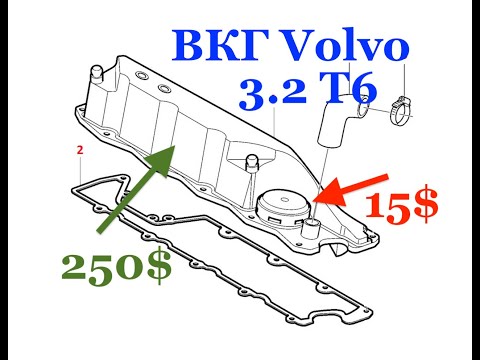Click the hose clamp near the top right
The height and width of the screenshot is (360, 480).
(x=396, y=103)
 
